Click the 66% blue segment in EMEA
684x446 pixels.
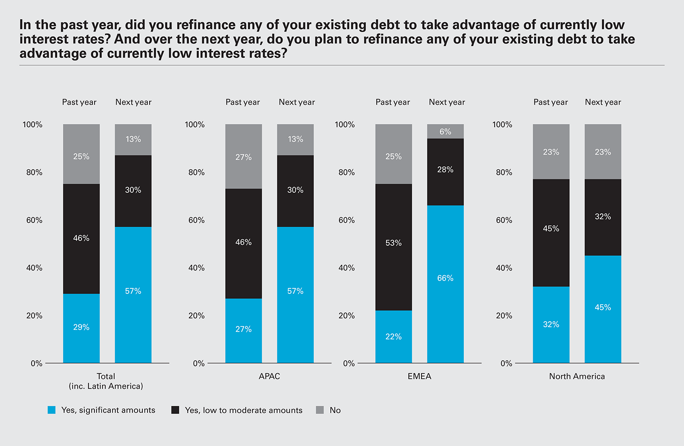[x=445, y=284]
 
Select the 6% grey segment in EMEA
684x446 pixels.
[x=445, y=131]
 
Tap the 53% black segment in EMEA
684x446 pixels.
[x=393, y=247]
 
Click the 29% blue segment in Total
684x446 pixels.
[x=81, y=328]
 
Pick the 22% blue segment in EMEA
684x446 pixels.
[x=393, y=337]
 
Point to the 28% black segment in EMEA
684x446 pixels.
[x=445, y=172]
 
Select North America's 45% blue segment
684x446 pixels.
[x=603, y=309]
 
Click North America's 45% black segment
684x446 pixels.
[x=551, y=232]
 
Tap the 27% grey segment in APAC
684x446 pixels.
[x=243, y=156]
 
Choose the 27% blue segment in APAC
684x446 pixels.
[x=243, y=331]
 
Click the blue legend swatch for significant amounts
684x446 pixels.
[x=52, y=410]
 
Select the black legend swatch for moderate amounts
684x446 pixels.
[x=175, y=410]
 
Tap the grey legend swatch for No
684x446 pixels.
[x=320, y=410]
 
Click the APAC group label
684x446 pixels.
[x=269, y=376]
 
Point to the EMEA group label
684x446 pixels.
[x=419, y=376]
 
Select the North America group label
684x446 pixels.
[x=577, y=376]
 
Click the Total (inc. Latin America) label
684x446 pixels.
[x=106, y=381]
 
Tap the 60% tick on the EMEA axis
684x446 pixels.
[x=346, y=220]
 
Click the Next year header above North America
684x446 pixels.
[x=603, y=102]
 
